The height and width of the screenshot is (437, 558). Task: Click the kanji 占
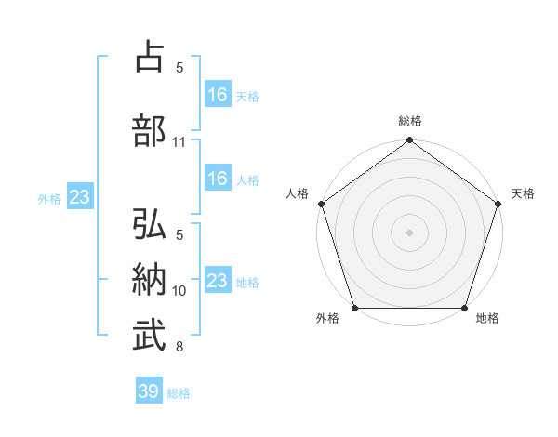pos(152,59)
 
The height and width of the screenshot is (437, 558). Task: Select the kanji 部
pos(152,131)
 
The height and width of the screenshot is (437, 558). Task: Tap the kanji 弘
pos(152,226)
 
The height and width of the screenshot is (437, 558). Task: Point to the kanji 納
pos(152,281)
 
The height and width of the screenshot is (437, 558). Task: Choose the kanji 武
pos(152,337)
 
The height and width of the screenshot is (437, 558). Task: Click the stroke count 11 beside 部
pos(179,142)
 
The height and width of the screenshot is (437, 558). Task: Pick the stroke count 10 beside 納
pos(179,291)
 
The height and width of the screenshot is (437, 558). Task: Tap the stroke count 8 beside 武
pos(179,348)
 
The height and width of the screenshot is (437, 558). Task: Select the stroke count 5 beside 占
pos(179,68)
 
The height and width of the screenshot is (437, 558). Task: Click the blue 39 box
pos(148,391)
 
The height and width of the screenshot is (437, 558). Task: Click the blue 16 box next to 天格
pos(218,95)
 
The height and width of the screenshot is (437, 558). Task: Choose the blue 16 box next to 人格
pos(218,179)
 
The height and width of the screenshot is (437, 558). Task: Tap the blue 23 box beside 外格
pos(79,197)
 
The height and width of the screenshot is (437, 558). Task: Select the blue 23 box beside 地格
pos(218,281)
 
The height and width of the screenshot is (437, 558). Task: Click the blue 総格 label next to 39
pos(179,393)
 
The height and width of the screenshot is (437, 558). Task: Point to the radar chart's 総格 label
pos(409,122)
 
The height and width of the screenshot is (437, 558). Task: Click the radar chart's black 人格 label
pos(298,193)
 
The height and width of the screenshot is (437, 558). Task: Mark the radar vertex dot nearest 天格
pos(498,204)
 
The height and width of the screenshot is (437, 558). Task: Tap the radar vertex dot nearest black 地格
pos(464,308)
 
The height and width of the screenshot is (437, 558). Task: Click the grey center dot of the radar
pos(409,232)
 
